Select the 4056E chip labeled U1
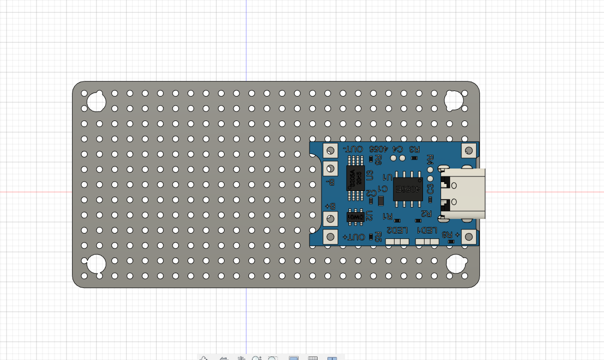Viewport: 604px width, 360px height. point(407,188)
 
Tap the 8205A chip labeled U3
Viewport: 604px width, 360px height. point(355,178)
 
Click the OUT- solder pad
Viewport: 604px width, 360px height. point(330,150)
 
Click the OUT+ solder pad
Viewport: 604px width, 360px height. point(330,236)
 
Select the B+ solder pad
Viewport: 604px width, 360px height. point(330,218)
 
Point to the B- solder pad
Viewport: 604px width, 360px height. point(330,167)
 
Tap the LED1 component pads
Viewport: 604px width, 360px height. point(427,241)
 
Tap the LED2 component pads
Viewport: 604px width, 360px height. point(397,241)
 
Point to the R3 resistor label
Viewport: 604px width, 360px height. point(414,149)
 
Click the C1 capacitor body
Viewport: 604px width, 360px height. point(380,201)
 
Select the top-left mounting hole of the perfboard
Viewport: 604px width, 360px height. point(96,101)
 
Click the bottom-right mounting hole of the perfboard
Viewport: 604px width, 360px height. point(456,263)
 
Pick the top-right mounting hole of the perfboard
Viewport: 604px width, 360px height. point(454,100)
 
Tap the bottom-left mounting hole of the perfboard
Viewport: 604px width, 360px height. point(95,263)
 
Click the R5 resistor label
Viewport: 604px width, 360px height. point(378,236)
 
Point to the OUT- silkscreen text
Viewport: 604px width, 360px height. point(353,149)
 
